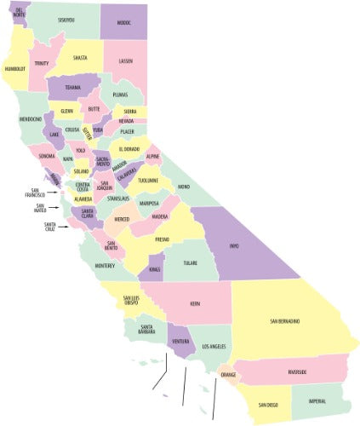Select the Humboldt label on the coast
point(15,68)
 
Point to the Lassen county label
point(126,61)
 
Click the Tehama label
point(72,87)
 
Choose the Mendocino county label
point(31,119)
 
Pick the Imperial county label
point(317,401)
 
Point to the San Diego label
point(267,404)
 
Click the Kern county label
point(195,303)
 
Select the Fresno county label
point(162,240)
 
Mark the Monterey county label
point(105,266)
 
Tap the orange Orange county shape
point(227,374)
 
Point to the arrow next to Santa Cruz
point(64,227)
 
